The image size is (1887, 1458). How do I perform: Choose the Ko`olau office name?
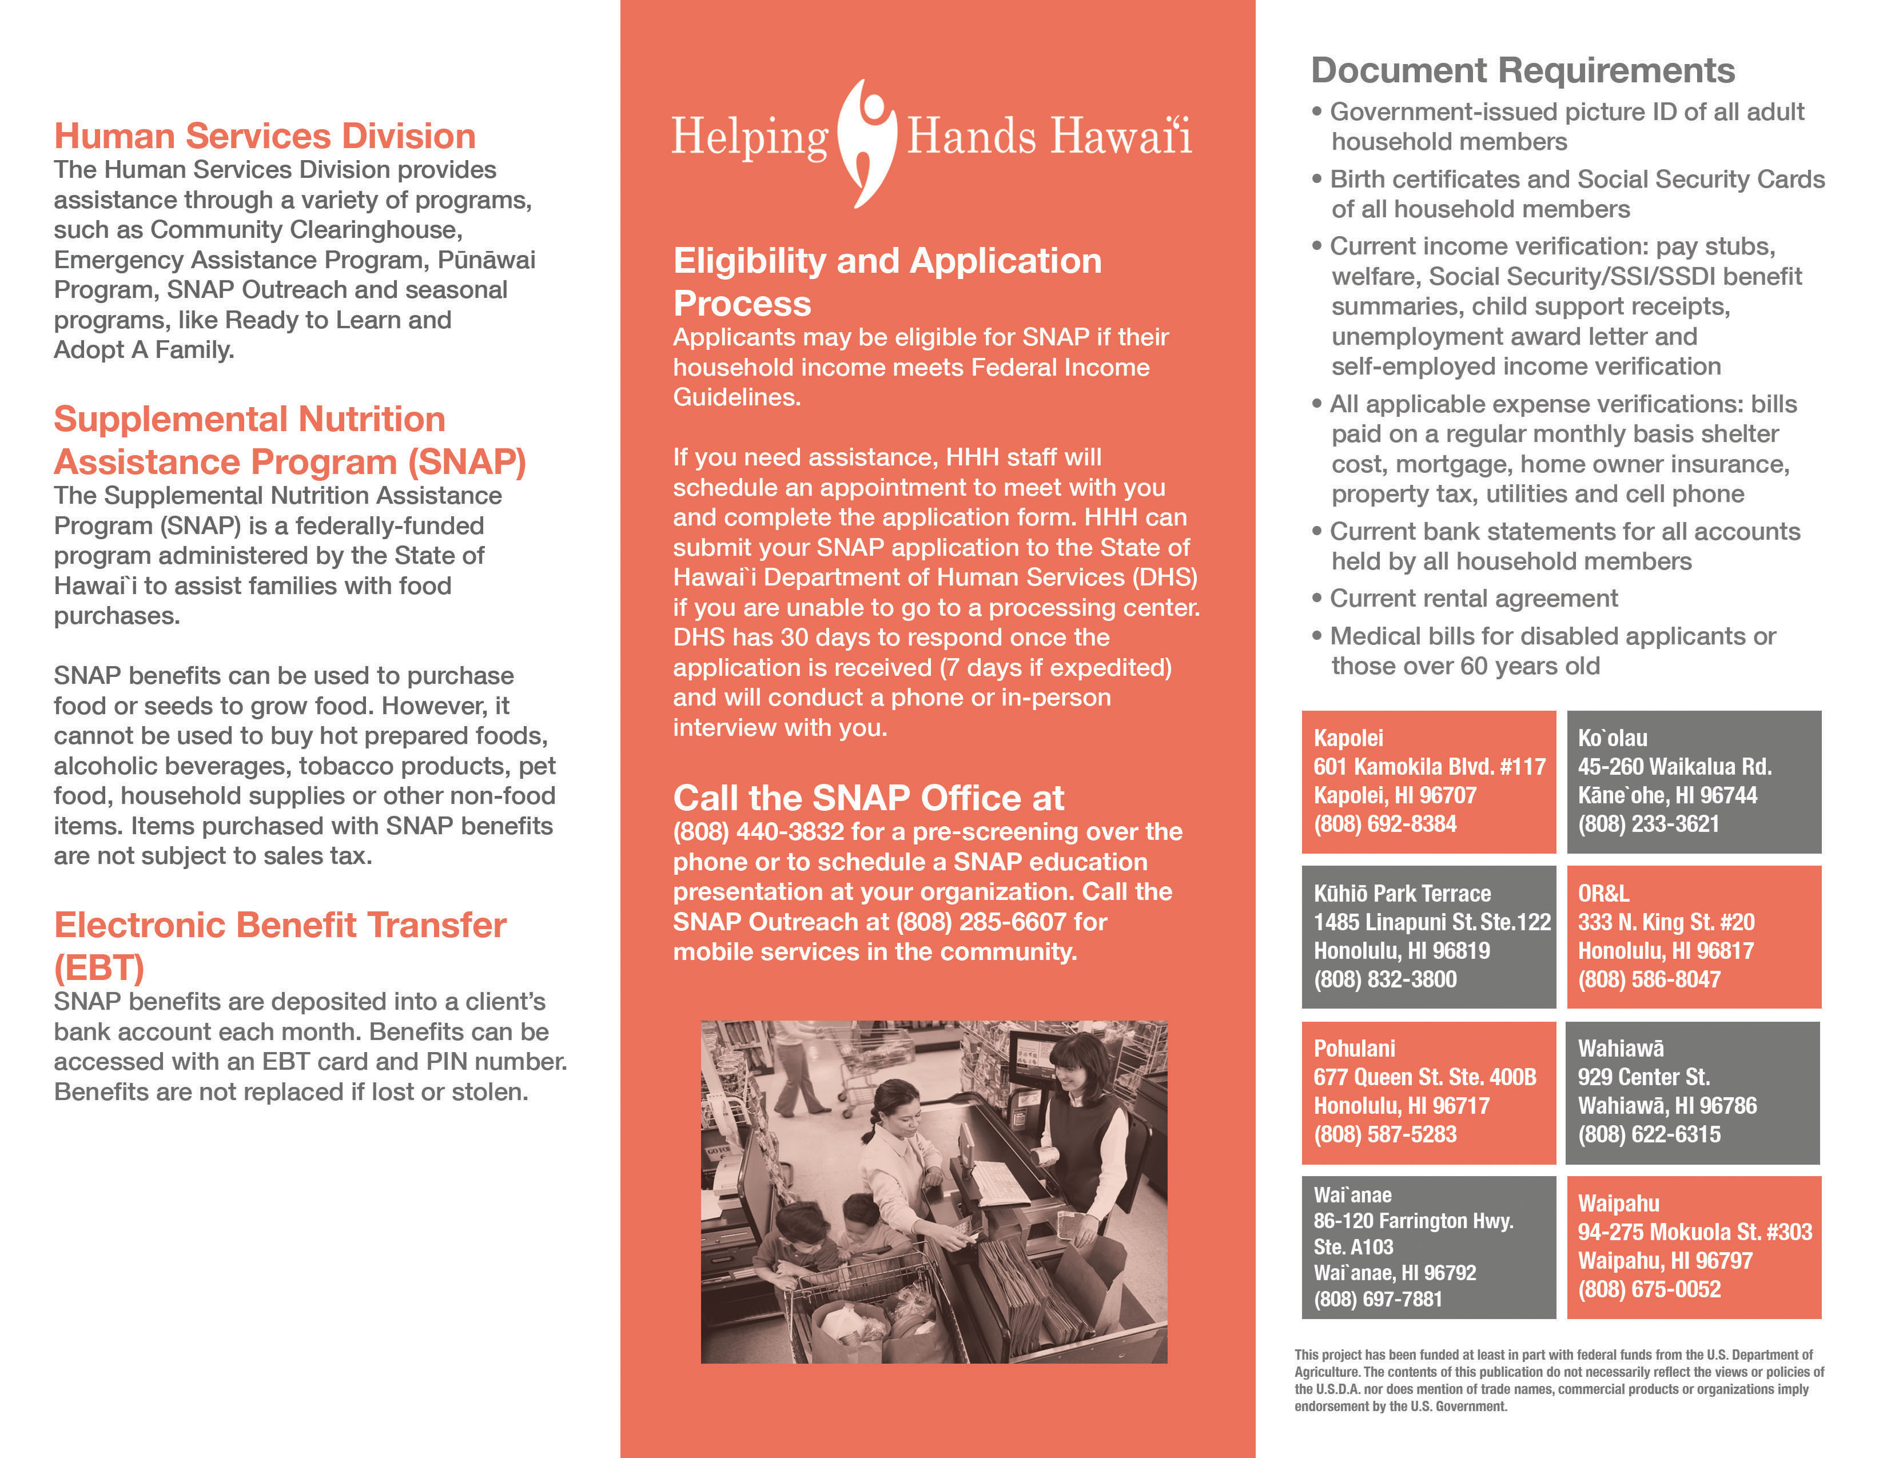point(1613,739)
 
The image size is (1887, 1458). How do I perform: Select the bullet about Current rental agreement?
point(1473,599)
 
